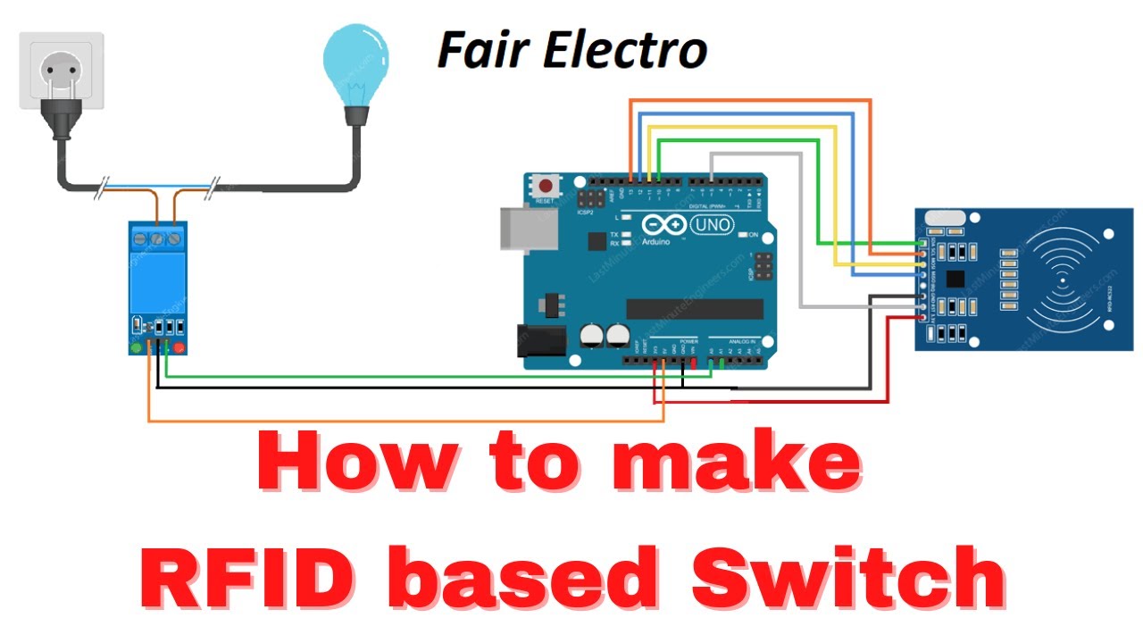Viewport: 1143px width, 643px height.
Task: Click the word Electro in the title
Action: (x=625, y=51)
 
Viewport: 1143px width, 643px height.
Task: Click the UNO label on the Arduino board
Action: (x=711, y=225)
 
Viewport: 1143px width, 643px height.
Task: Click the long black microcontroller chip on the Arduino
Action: (x=694, y=308)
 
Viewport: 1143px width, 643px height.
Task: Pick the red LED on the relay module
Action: (x=179, y=347)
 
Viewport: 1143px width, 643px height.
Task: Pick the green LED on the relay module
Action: (x=136, y=347)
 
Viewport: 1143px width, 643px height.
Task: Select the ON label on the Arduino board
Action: (x=752, y=234)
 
